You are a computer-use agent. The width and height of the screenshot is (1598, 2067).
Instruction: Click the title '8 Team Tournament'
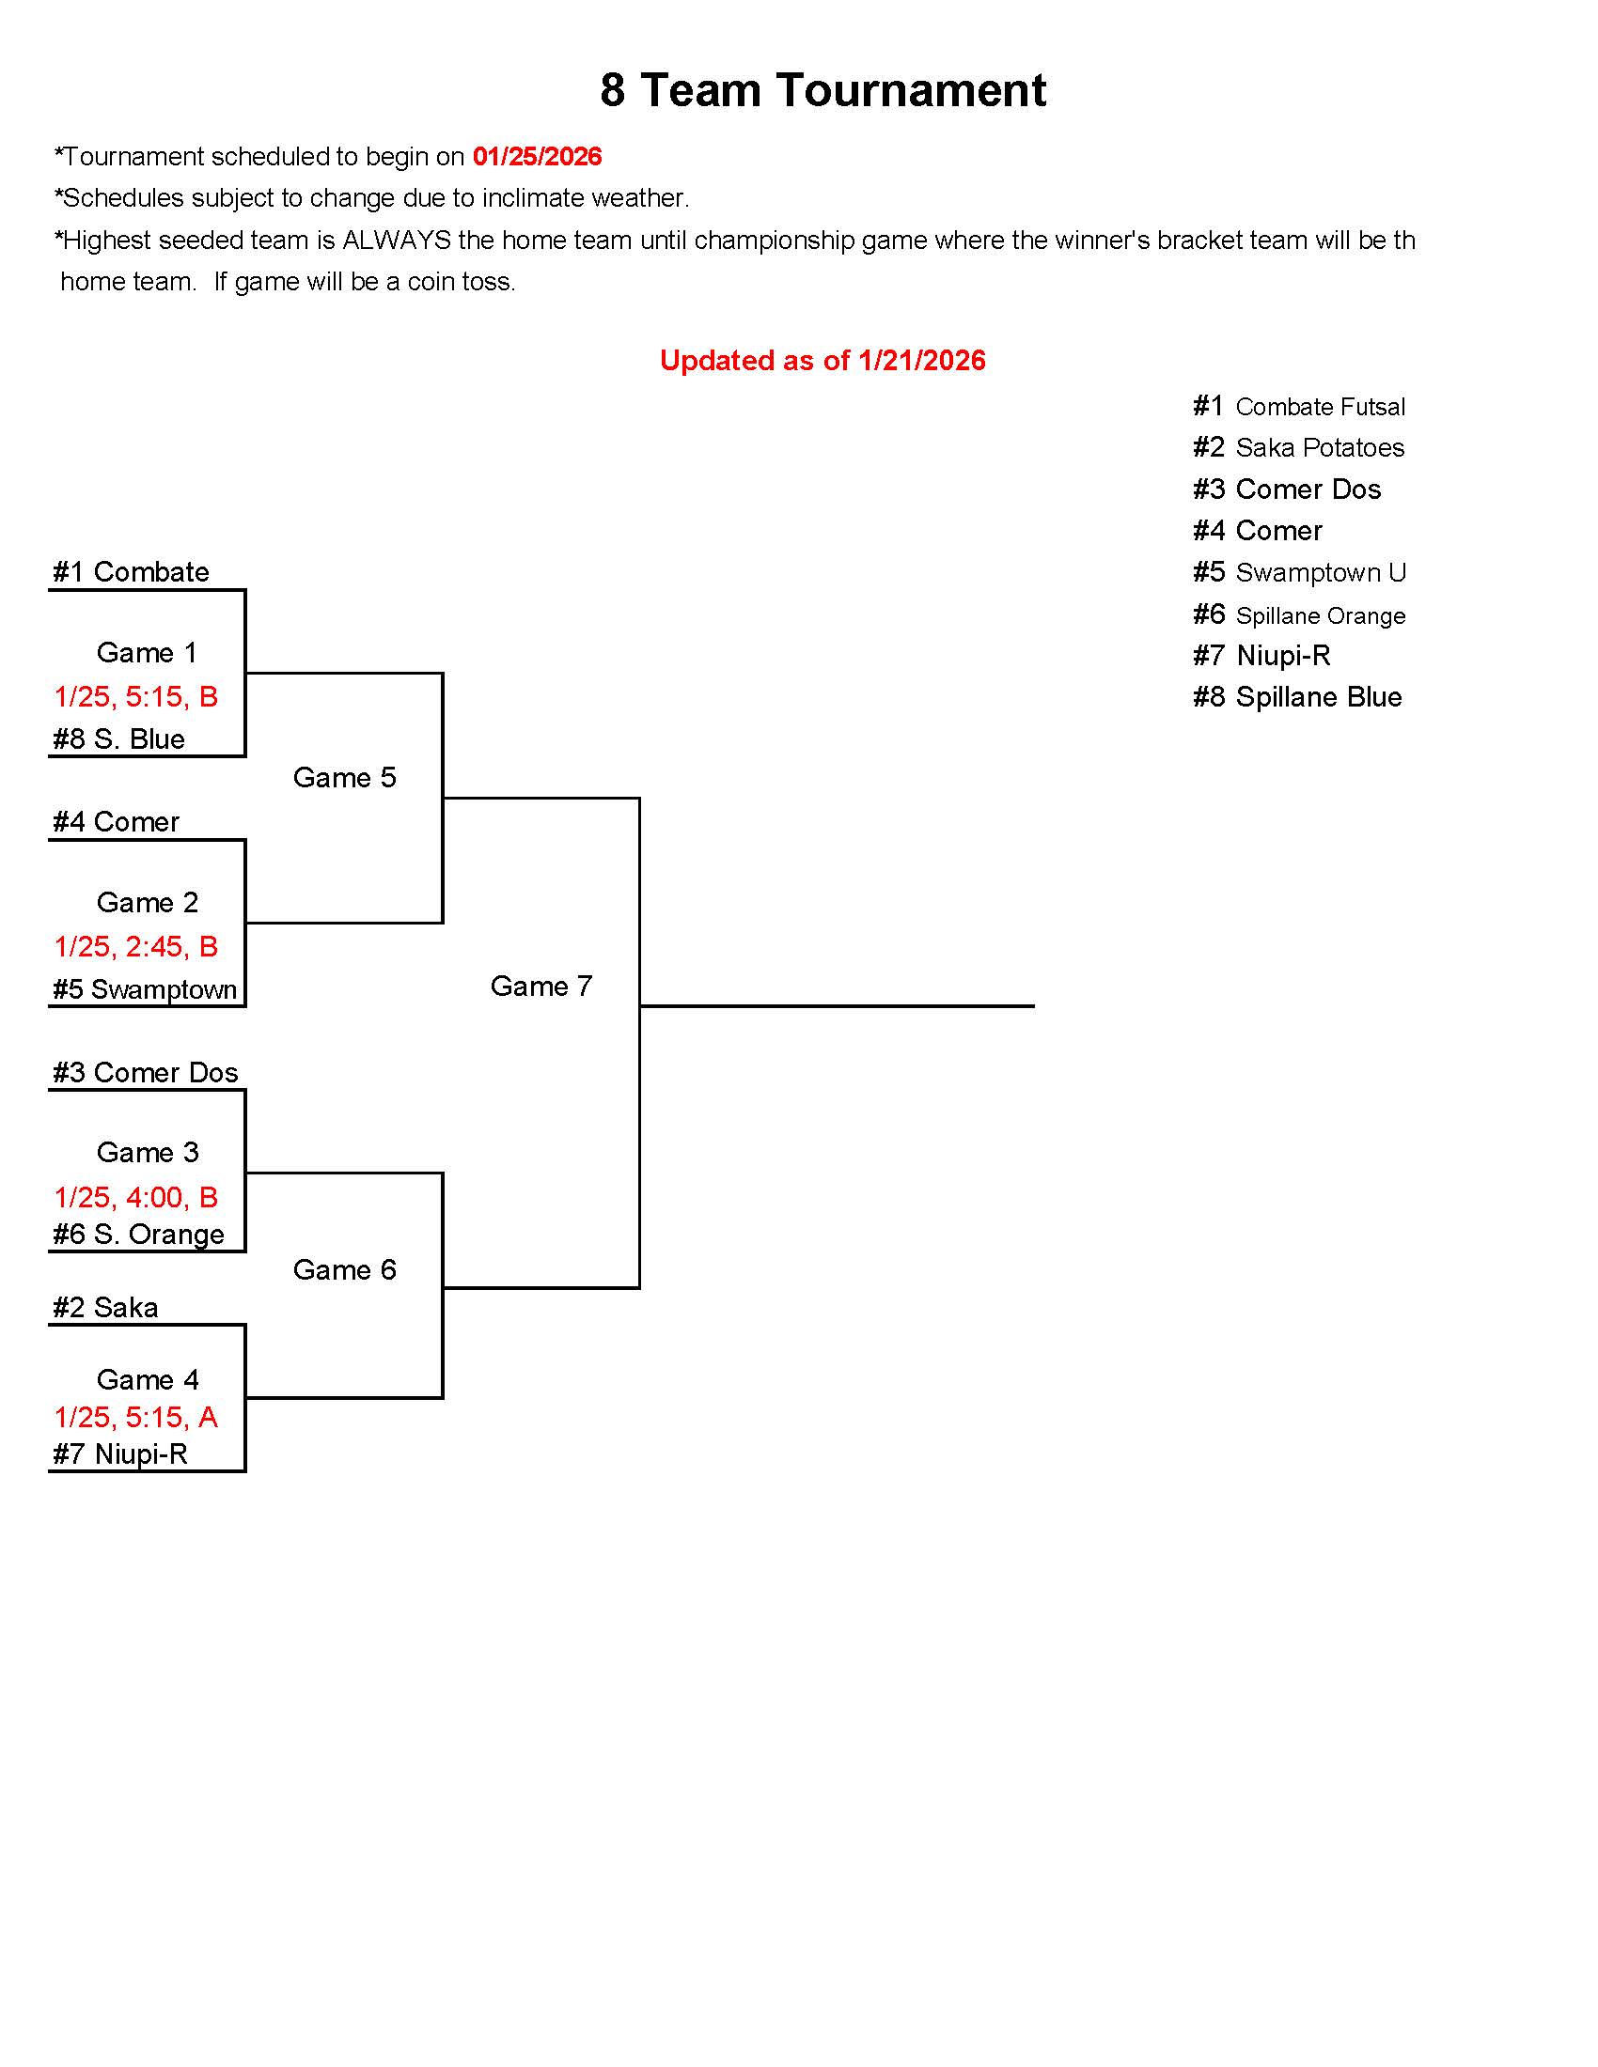click(x=822, y=91)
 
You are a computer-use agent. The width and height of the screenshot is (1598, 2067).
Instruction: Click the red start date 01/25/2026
click(x=537, y=156)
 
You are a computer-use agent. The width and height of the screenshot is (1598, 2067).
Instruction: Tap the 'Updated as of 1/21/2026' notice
click(x=822, y=361)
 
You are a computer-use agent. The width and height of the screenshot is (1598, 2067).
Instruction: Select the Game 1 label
click(x=147, y=653)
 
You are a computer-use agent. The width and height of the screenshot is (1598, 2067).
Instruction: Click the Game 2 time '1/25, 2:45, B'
click(x=136, y=946)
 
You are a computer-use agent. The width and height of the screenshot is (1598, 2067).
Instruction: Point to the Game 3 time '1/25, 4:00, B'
click(x=136, y=1197)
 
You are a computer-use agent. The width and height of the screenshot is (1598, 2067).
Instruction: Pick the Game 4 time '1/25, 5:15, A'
click(x=136, y=1417)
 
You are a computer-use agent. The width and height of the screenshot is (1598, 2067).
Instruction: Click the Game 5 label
click(x=344, y=778)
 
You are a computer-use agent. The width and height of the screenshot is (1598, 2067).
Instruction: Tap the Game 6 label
click(x=344, y=1270)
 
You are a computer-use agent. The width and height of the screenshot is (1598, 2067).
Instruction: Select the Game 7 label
click(x=540, y=987)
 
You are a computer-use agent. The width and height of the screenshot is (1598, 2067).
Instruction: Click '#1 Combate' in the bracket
click(x=131, y=572)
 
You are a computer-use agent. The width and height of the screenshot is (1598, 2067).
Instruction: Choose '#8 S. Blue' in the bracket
click(x=118, y=739)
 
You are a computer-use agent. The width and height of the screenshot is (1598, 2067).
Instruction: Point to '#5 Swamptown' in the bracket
click(x=144, y=990)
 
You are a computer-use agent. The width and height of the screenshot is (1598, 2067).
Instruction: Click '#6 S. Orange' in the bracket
click(x=138, y=1236)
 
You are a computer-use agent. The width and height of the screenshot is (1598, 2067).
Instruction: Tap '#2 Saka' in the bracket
click(x=105, y=1308)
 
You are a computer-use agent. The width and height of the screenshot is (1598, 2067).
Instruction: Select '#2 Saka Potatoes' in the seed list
click(x=1298, y=447)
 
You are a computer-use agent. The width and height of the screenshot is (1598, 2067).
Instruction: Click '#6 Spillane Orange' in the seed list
click(x=1299, y=616)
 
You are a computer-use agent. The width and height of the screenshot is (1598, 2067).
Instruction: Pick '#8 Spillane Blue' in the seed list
click(x=1297, y=697)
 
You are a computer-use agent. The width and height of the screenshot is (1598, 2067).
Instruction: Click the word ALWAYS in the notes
click(x=396, y=241)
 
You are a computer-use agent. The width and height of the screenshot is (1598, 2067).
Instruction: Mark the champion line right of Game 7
click(x=837, y=1006)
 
